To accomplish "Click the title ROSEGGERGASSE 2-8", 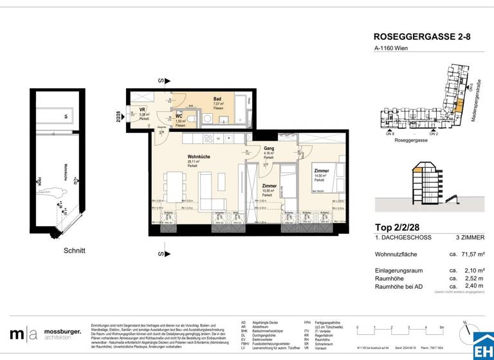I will [422, 37].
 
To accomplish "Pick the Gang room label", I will [269, 148].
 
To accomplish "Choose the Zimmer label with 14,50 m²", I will [322, 171].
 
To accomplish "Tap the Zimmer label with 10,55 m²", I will [269, 186].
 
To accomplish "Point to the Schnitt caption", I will [75, 250].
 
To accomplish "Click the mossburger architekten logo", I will [45, 334].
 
